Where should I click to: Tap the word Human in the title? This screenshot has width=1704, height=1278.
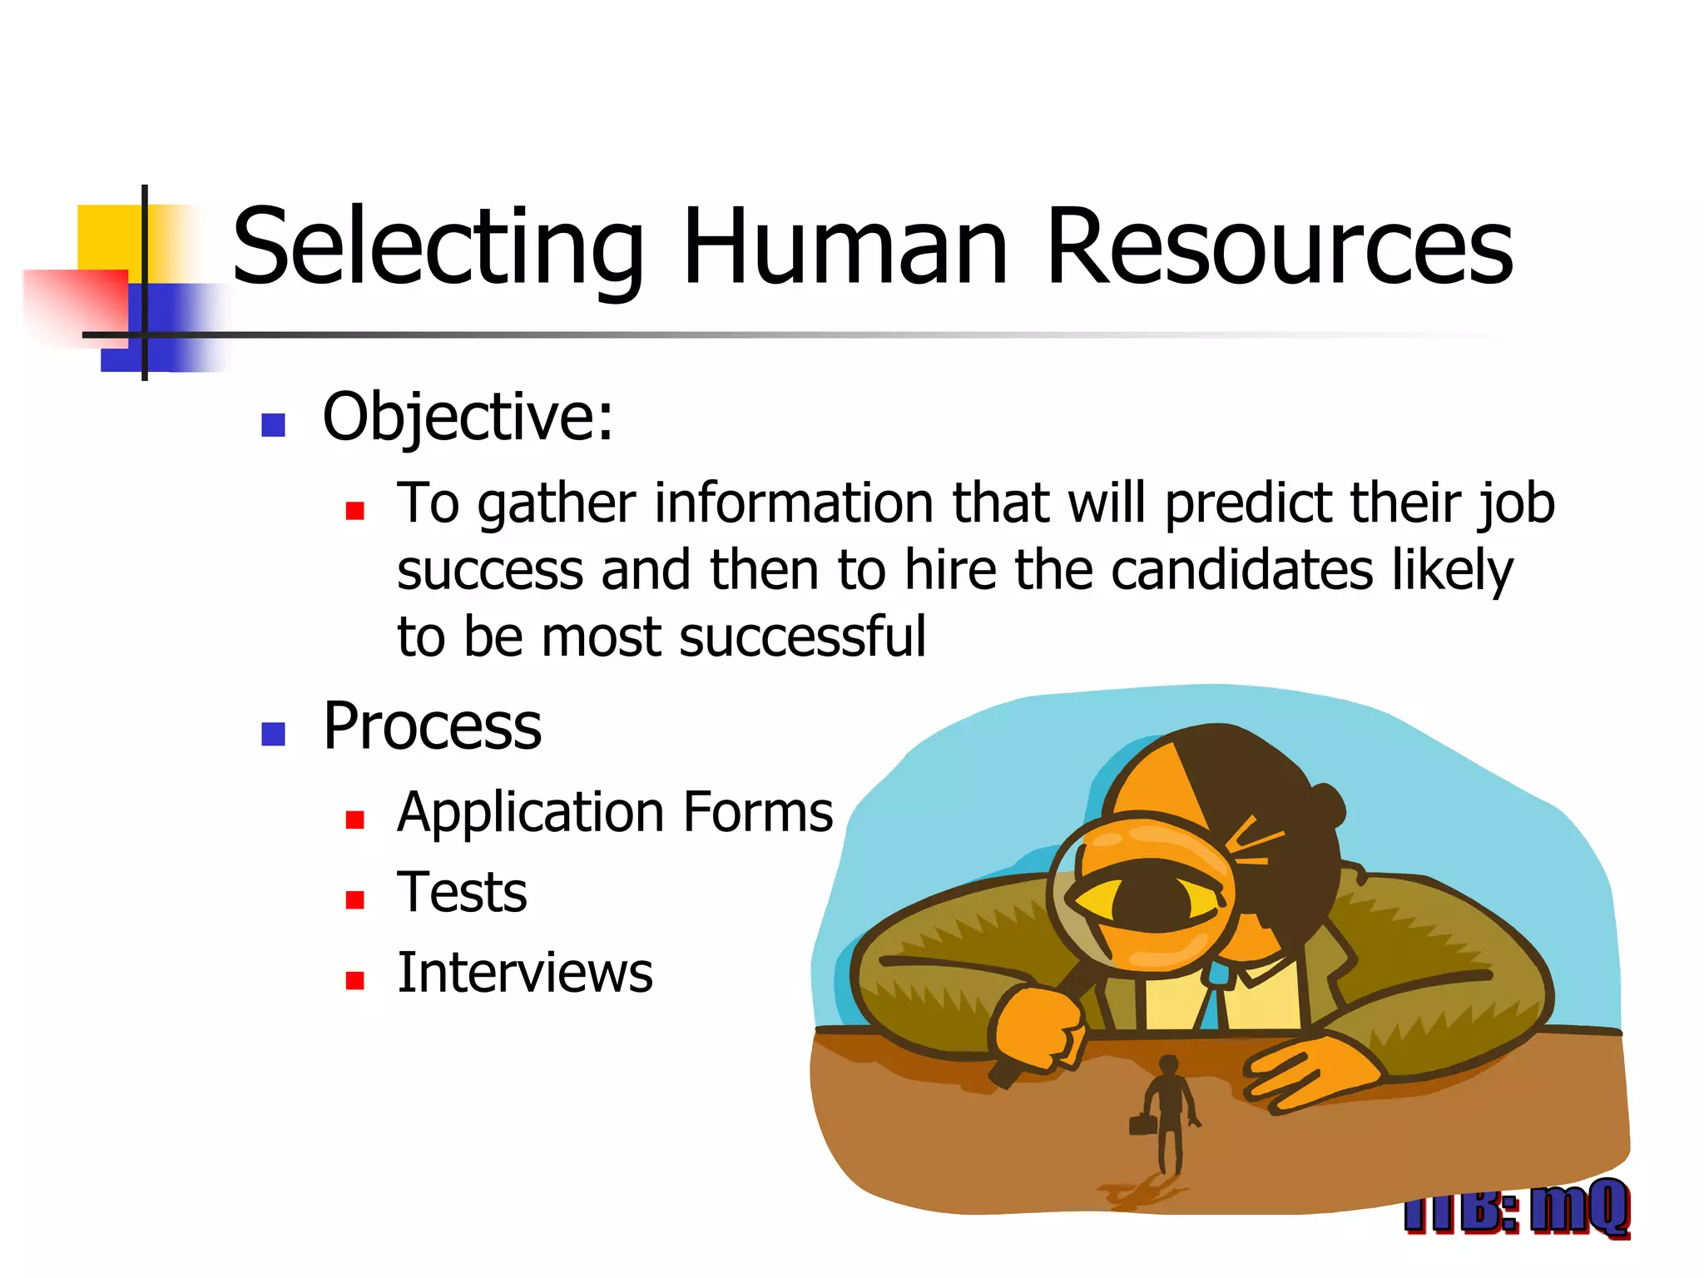pos(845,248)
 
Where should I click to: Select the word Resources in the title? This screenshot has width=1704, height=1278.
pos(1279,248)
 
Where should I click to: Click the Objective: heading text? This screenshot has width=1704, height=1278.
pos(468,417)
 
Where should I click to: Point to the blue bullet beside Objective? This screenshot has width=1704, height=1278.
pos(273,425)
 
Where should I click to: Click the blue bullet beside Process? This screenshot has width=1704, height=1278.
pos(273,734)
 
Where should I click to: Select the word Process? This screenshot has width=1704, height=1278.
pos(432,726)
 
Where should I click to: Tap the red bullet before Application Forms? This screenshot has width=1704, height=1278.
pos(355,820)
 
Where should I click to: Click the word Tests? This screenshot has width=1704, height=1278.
pos(463,892)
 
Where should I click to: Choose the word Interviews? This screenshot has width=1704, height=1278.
pos(525,973)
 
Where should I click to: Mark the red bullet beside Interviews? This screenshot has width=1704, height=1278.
pos(355,981)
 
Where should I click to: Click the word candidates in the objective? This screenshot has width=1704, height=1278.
pos(1241,571)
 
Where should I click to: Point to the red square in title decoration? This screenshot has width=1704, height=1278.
pos(77,304)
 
